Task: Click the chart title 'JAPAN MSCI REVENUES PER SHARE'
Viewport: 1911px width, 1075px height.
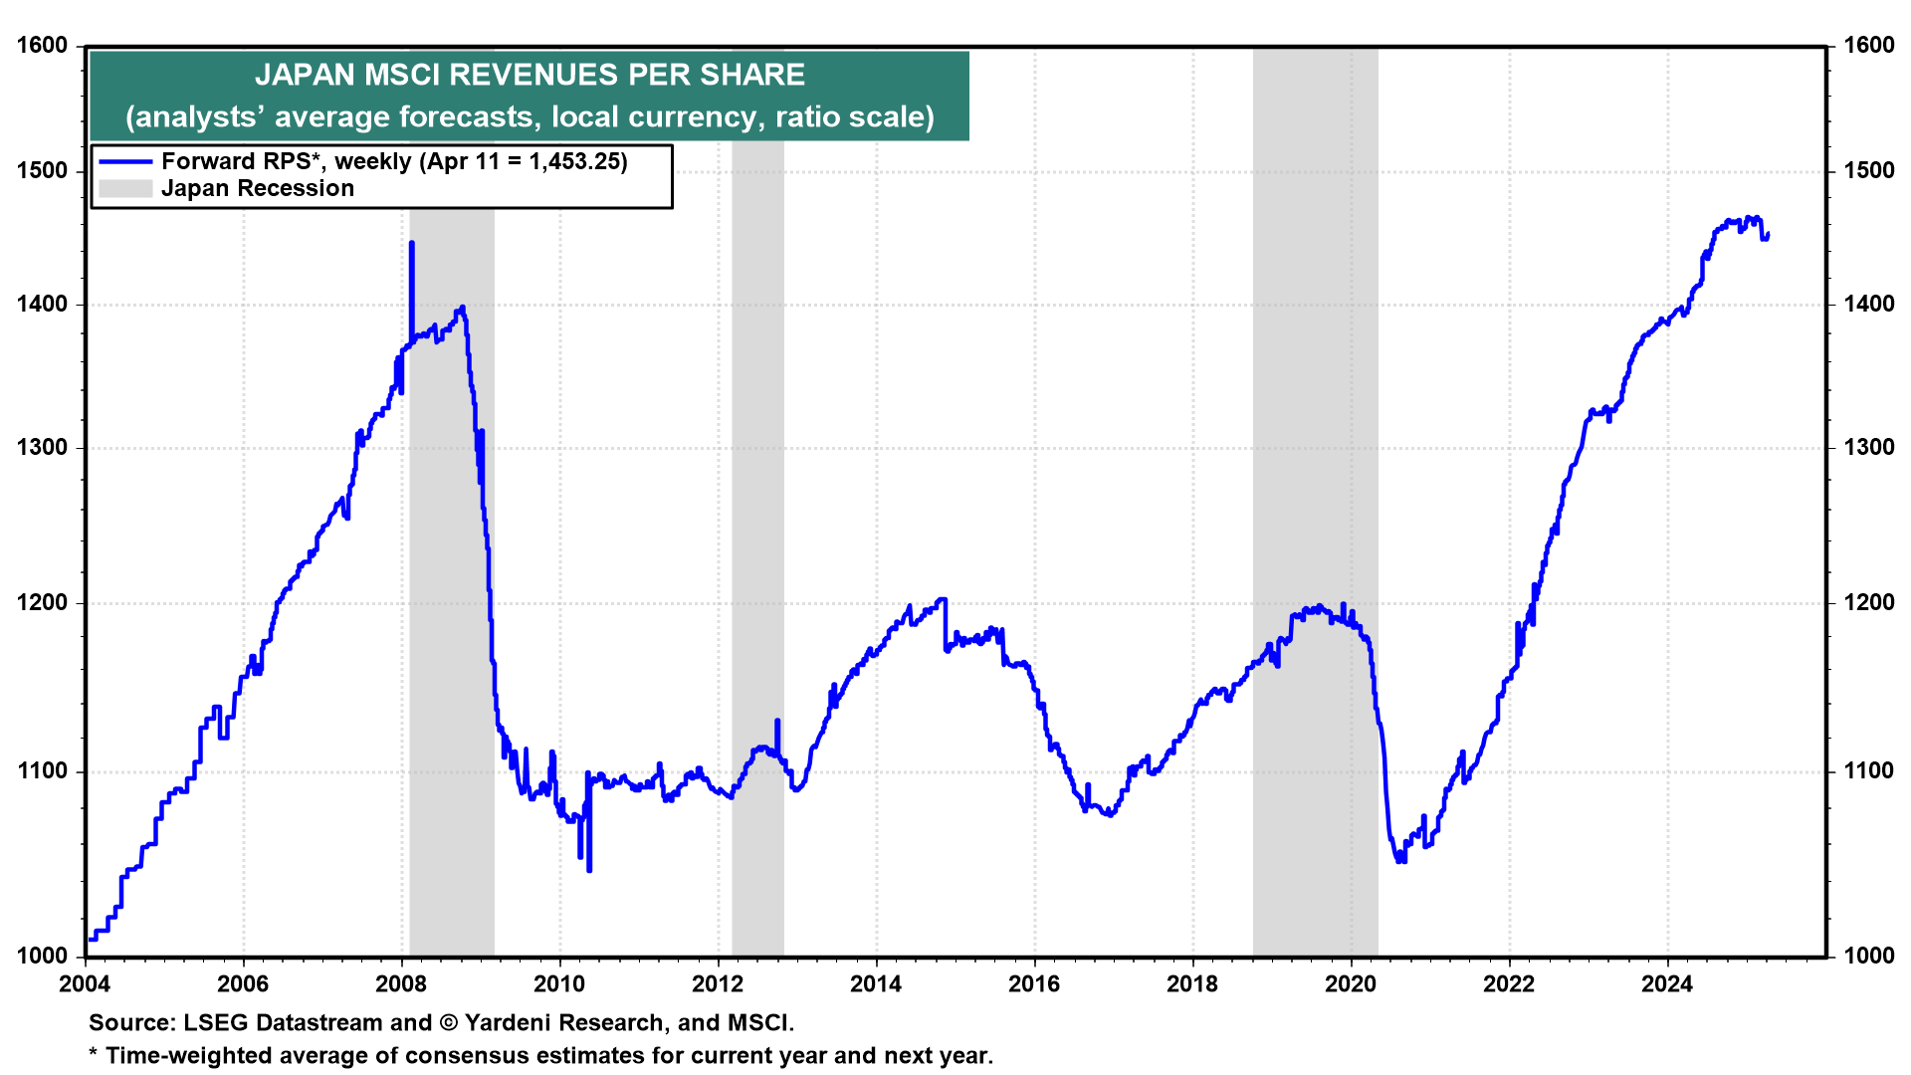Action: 530,75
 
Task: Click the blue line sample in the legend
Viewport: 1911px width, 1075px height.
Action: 124,161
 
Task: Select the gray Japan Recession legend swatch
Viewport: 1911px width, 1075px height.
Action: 124,188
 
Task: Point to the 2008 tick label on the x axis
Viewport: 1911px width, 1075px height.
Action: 401,984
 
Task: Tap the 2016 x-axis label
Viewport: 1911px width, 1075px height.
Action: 1034,984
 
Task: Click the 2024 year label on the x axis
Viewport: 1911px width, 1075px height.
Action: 1667,984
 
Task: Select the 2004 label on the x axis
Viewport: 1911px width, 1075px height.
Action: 86,984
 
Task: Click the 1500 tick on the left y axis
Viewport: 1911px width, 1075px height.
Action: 42,171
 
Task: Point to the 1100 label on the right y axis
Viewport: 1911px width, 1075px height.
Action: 1868,771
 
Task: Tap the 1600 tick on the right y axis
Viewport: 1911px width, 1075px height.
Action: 1868,46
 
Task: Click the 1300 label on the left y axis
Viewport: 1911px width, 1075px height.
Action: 42,448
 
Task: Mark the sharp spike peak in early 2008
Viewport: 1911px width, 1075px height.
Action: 411,243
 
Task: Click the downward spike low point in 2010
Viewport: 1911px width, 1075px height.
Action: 589,870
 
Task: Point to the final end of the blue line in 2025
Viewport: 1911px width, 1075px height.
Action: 1768,235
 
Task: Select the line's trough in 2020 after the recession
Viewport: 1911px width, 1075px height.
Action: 1401,861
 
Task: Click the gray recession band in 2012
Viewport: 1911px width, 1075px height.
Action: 757,498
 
